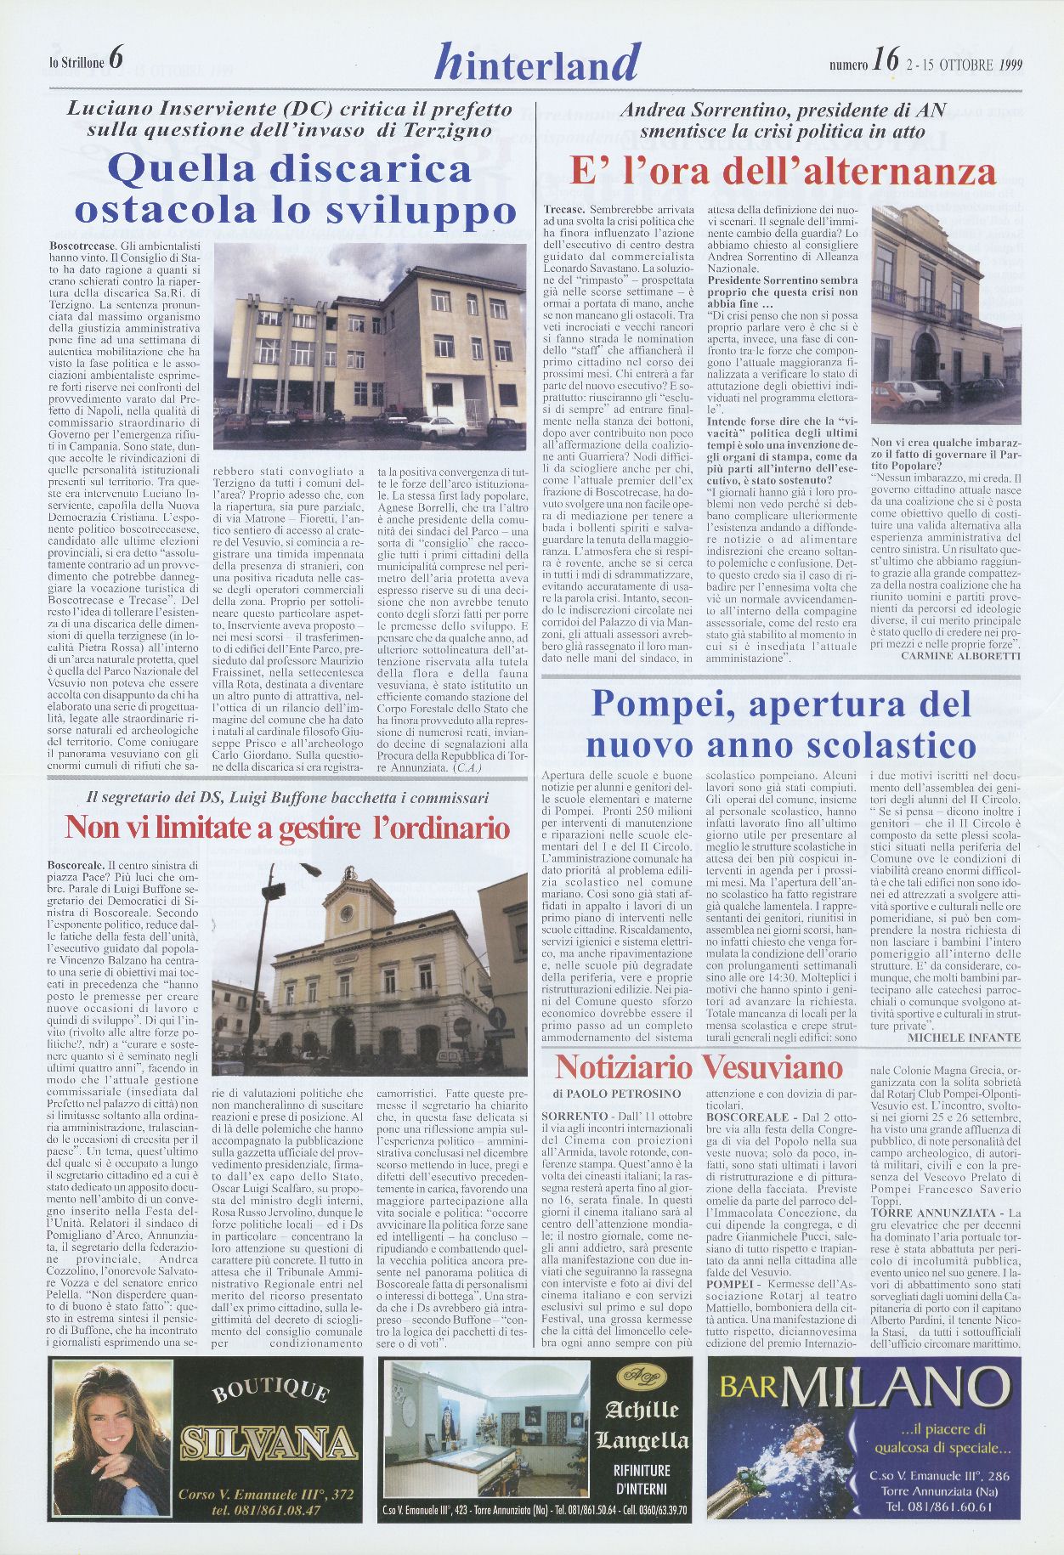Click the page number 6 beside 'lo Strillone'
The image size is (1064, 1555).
pyautogui.click(x=116, y=59)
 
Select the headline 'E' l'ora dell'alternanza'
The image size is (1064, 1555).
pyautogui.click(x=782, y=172)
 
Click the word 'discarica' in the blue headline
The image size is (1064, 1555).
pyautogui.click(x=377, y=167)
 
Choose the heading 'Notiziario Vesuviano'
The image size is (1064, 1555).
pyautogui.click(x=699, y=1066)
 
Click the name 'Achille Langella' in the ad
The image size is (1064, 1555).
pyautogui.click(x=642, y=1428)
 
